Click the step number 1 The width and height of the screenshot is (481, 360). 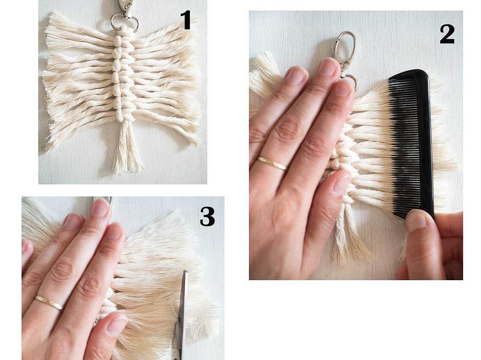coord(186,20)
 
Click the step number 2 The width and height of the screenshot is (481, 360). coord(447,34)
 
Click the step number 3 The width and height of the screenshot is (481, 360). coord(207,216)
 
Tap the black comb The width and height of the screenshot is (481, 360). coord(412,141)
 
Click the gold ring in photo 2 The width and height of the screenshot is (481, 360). coord(271,163)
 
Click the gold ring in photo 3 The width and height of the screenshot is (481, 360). coord(49,302)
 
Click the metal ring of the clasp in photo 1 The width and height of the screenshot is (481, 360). coord(124,22)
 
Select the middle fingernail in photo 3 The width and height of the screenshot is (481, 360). coord(100,207)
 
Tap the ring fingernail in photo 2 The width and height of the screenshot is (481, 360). coord(296,76)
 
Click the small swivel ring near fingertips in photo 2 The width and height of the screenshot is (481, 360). coord(351,81)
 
